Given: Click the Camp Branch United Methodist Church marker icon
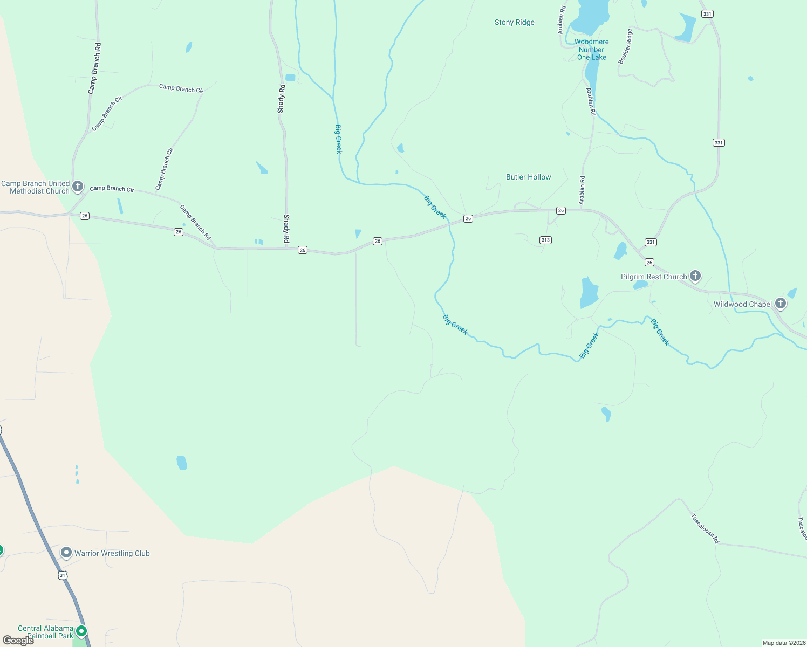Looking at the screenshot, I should click(x=78, y=187).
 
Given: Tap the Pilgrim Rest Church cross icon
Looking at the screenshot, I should click(x=695, y=276).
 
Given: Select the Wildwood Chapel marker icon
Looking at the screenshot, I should click(x=780, y=304).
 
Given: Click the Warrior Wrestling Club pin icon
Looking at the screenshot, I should click(x=66, y=553).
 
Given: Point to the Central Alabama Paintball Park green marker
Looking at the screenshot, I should click(x=81, y=630).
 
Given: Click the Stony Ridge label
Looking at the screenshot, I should click(x=515, y=22).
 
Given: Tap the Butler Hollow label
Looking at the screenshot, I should click(x=529, y=177).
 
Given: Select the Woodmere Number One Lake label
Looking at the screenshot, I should click(x=592, y=50).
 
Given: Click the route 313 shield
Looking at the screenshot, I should click(x=545, y=240).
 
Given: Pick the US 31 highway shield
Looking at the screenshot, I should click(x=63, y=575).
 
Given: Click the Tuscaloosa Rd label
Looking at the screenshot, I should click(x=705, y=528).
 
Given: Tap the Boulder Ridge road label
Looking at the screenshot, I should click(x=625, y=47).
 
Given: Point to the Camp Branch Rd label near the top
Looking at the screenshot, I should click(x=95, y=68).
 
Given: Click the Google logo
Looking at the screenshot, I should click(x=18, y=641).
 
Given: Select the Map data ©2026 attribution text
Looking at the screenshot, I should click(x=783, y=643).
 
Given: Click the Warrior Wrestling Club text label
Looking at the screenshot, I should click(x=112, y=553).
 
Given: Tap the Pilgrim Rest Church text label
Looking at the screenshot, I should click(x=654, y=277).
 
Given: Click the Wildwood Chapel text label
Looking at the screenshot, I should click(x=743, y=304).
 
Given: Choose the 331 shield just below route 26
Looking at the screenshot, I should click(x=651, y=242).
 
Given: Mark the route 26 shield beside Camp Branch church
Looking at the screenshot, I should click(x=85, y=216).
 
